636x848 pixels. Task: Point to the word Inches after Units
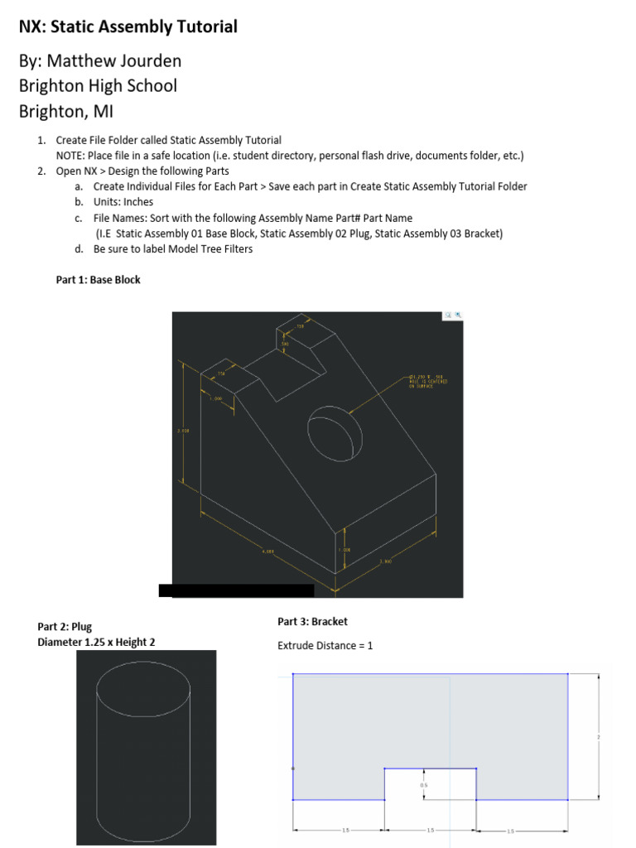click(138, 202)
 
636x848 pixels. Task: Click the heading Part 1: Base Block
click(98, 280)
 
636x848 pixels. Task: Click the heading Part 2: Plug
click(65, 627)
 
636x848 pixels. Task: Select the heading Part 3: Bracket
click(312, 621)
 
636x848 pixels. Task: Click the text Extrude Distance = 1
click(325, 645)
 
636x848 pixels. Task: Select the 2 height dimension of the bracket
click(598, 736)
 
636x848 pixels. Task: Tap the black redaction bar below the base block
click(236, 590)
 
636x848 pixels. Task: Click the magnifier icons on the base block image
click(452, 316)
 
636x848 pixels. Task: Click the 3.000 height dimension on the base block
click(184, 430)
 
